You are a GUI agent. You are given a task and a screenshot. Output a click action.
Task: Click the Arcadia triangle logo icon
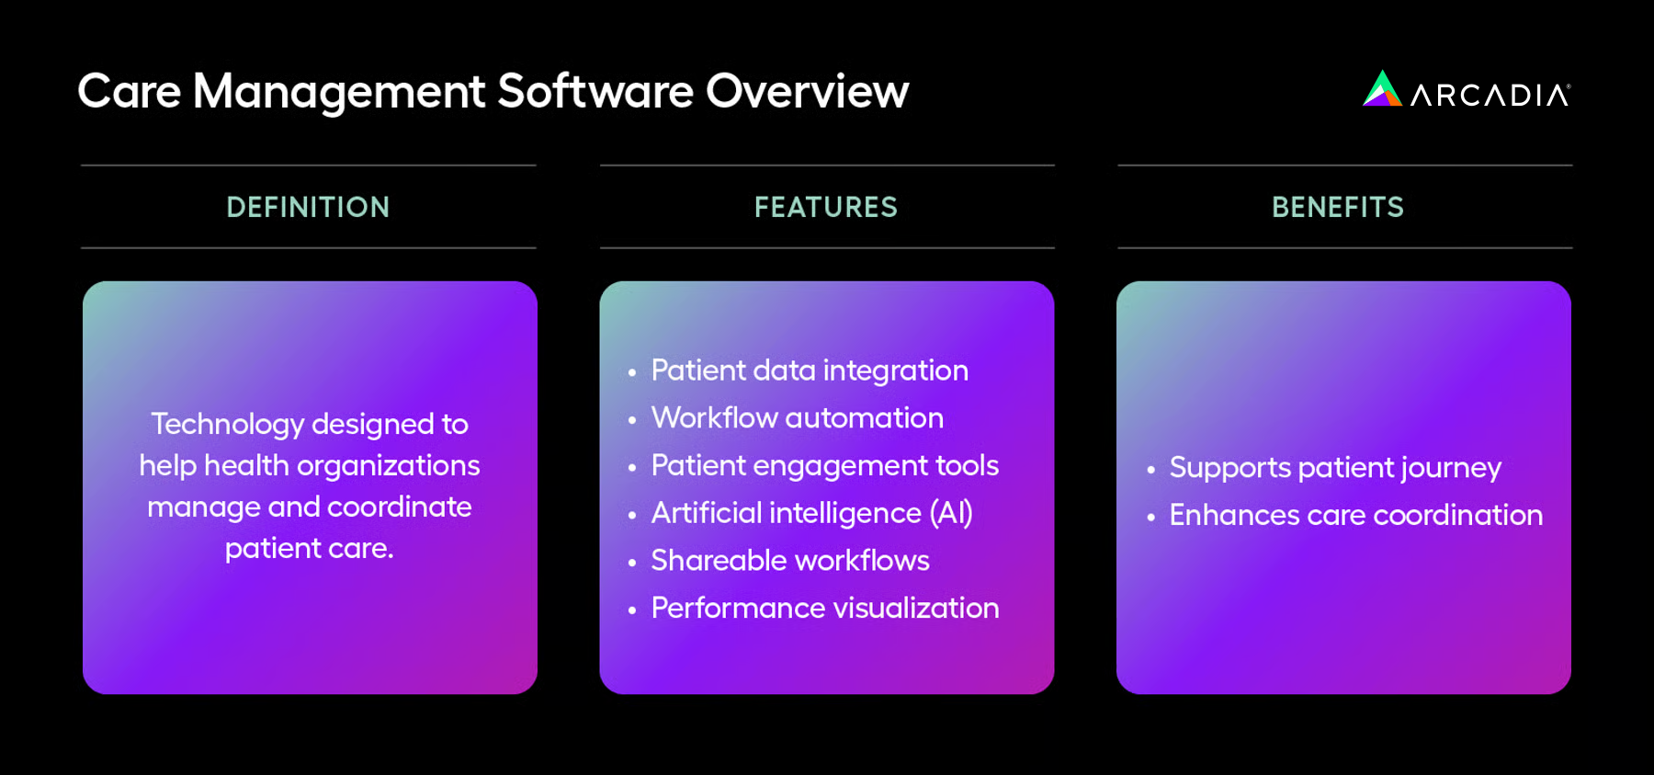click(1381, 90)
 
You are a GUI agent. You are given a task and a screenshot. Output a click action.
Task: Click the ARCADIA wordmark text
click(1490, 96)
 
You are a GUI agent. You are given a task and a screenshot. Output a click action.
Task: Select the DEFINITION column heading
click(308, 208)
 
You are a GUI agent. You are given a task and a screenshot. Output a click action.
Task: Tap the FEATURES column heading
click(825, 208)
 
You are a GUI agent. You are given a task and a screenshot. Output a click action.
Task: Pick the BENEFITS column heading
click(1337, 208)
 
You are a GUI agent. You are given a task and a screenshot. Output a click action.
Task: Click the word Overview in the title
click(807, 92)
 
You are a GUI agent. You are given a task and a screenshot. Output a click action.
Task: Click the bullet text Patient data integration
click(809, 370)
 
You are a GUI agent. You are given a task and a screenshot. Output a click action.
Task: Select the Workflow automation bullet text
click(797, 418)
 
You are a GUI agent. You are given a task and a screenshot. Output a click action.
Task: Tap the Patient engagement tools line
click(824, 466)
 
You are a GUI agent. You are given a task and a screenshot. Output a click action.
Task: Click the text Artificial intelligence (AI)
click(811, 513)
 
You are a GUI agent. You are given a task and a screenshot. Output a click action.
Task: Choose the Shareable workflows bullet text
click(789, 561)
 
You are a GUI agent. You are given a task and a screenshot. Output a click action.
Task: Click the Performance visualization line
click(824, 609)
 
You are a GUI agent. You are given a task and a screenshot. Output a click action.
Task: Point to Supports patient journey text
click(1334, 468)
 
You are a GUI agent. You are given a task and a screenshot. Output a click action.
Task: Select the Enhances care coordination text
click(1355, 516)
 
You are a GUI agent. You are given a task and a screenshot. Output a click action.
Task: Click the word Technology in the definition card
click(227, 424)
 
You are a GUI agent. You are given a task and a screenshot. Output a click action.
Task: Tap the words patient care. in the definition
click(309, 549)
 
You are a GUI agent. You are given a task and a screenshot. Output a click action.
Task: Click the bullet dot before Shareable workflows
click(632, 563)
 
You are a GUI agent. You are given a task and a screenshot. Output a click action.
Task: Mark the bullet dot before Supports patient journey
click(1150, 470)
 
